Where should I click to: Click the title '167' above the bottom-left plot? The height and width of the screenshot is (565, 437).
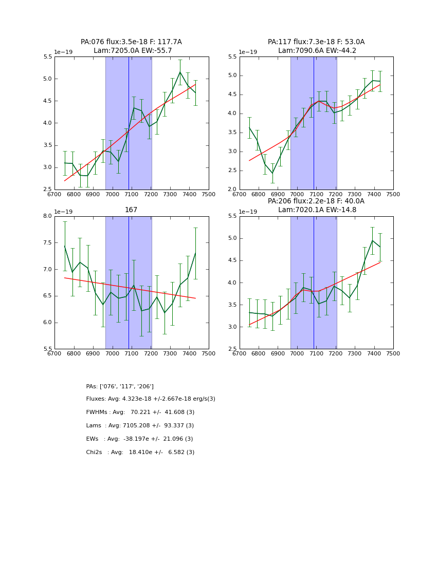131,210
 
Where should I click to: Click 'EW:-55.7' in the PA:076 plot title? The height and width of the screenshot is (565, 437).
156,51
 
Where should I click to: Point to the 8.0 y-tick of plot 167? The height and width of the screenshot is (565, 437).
47,216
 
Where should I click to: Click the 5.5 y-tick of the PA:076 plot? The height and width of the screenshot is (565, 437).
47,56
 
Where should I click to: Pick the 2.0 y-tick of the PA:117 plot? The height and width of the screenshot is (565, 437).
231,190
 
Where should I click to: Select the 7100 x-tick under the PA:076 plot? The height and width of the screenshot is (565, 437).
132,194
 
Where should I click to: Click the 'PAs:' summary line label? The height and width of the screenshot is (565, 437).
92,386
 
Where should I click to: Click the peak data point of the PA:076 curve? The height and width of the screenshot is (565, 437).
180,72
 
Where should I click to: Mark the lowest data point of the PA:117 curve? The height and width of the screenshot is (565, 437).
272,173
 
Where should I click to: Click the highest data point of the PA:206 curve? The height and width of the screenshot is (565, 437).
373,240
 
